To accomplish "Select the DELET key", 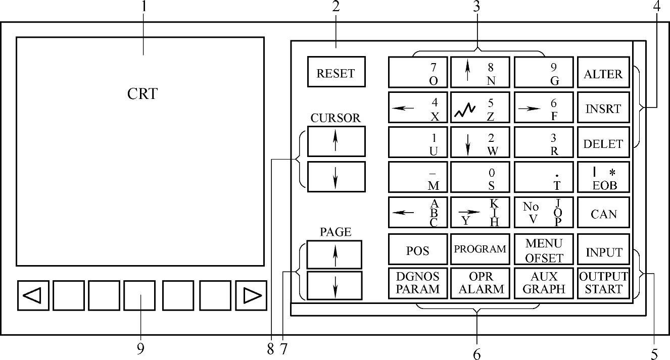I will coord(603,143).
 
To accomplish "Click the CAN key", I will coord(603,213).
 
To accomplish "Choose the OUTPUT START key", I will coord(603,283).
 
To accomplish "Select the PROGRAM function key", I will coord(480,249).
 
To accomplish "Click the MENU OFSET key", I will coord(544,250).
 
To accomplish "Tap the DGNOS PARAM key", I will coord(418,283).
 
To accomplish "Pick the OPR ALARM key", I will coord(480,283).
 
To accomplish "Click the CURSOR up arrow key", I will coord(336,141).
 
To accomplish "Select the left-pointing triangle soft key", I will coord(33,295).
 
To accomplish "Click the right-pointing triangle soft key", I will coord(251,295).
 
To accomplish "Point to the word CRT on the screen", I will coord(142,94).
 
